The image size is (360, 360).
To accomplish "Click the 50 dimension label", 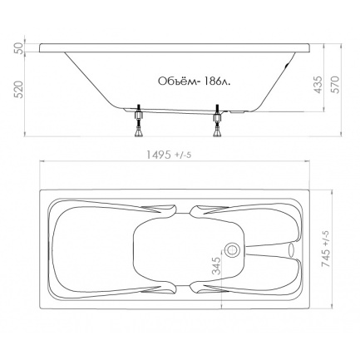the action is tap(19, 47).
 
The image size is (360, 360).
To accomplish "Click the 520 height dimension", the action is tap(19, 90).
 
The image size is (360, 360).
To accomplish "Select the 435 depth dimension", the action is tap(319, 85).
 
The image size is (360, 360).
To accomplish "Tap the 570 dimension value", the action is tap(335, 85).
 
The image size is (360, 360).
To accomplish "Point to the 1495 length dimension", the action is tap(159, 155).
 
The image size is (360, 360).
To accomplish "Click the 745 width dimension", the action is tap(326, 258).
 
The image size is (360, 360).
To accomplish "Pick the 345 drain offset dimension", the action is tap(217, 266).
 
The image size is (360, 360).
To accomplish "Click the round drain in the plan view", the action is tap(231, 249).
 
